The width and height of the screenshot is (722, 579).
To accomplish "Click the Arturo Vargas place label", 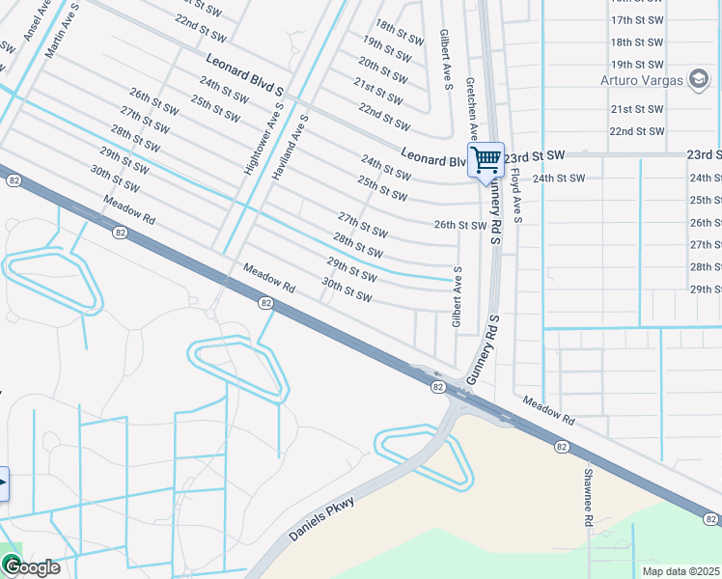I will pyautogui.click(x=641, y=79).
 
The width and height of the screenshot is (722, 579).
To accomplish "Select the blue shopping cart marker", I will pyautogui.click(x=486, y=159).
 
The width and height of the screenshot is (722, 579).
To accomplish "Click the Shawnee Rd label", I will pyautogui.click(x=587, y=497).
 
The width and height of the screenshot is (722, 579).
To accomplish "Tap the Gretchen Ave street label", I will pyautogui.click(x=471, y=108).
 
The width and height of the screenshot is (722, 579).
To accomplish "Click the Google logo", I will pyautogui.click(x=31, y=567).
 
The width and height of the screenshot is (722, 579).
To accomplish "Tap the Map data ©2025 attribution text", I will pyautogui.click(x=681, y=570).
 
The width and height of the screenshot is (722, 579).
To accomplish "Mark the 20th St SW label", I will pyautogui.click(x=382, y=68).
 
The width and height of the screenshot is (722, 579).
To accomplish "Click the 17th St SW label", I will pyautogui.click(x=637, y=20).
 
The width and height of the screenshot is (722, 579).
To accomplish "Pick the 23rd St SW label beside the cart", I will pyautogui.click(x=537, y=154).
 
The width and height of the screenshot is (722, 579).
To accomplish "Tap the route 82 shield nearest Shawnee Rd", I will pyautogui.click(x=562, y=446).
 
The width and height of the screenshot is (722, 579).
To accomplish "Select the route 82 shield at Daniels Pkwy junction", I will pyautogui.click(x=437, y=387).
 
